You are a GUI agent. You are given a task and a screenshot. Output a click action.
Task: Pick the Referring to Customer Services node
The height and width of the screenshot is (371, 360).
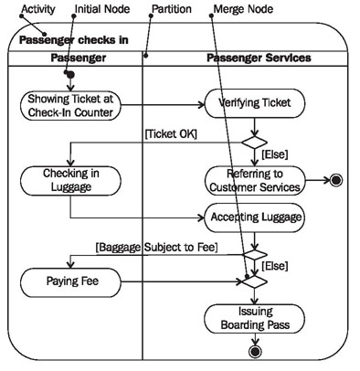(x=254, y=180)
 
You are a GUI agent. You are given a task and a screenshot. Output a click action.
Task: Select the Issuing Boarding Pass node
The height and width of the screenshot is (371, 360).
(x=254, y=317)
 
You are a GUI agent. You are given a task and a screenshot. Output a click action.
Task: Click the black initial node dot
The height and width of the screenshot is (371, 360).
(x=69, y=74)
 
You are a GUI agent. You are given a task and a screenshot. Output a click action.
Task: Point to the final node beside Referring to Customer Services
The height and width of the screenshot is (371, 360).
(x=335, y=180)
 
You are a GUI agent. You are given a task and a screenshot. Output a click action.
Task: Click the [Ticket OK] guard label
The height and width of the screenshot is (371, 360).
(x=169, y=133)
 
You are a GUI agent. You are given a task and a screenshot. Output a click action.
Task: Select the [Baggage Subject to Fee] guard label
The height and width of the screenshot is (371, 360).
(x=155, y=245)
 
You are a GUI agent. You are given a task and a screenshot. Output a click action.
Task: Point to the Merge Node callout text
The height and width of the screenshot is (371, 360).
(x=241, y=10)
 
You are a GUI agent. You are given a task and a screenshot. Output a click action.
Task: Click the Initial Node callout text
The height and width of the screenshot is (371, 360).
(x=93, y=10)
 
